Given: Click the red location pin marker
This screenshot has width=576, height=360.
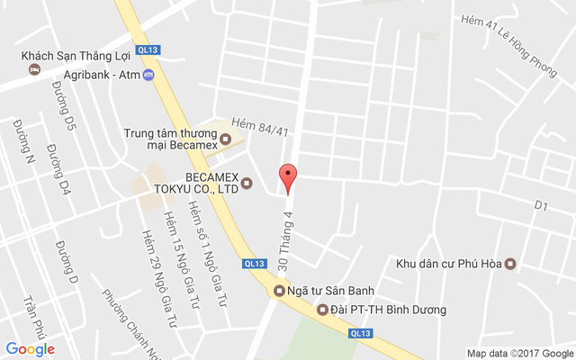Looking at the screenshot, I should pos(287,178).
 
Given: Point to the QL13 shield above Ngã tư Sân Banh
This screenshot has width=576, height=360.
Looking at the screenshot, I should pos(255,264).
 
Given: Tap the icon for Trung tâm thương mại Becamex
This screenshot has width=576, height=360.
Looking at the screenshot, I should pos(226,139).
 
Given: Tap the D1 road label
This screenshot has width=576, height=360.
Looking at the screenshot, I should pos(541,206).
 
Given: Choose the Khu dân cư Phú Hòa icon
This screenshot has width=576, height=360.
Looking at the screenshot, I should pos(510,264).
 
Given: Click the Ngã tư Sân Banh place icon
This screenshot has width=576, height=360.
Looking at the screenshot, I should pos(279,291).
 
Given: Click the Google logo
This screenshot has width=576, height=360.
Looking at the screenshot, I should pos(30,349).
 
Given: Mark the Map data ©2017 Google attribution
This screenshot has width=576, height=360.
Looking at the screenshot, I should pos(519,353).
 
